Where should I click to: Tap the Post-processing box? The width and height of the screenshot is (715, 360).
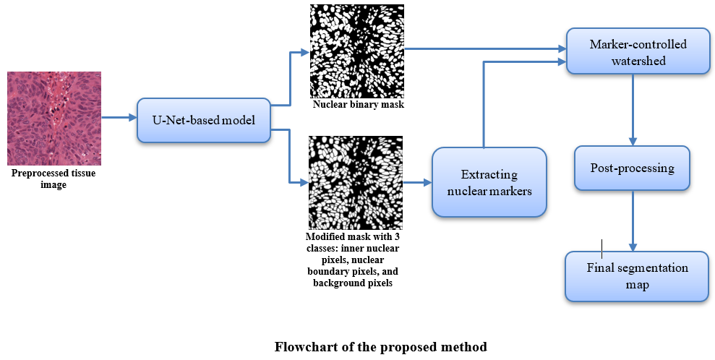[x=633, y=168]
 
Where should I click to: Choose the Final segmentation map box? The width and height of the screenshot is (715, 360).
[x=637, y=276]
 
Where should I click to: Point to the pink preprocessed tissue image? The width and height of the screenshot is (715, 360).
[x=54, y=119]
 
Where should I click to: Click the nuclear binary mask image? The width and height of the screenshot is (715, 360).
[x=356, y=51]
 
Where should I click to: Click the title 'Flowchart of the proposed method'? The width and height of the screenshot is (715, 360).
[x=380, y=346]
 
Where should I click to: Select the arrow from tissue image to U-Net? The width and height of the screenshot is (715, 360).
[x=119, y=117]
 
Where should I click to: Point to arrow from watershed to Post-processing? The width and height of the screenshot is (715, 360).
[x=633, y=108]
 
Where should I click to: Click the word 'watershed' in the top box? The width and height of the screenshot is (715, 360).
[x=638, y=61]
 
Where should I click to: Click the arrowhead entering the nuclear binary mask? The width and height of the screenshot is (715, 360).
[x=304, y=53]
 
